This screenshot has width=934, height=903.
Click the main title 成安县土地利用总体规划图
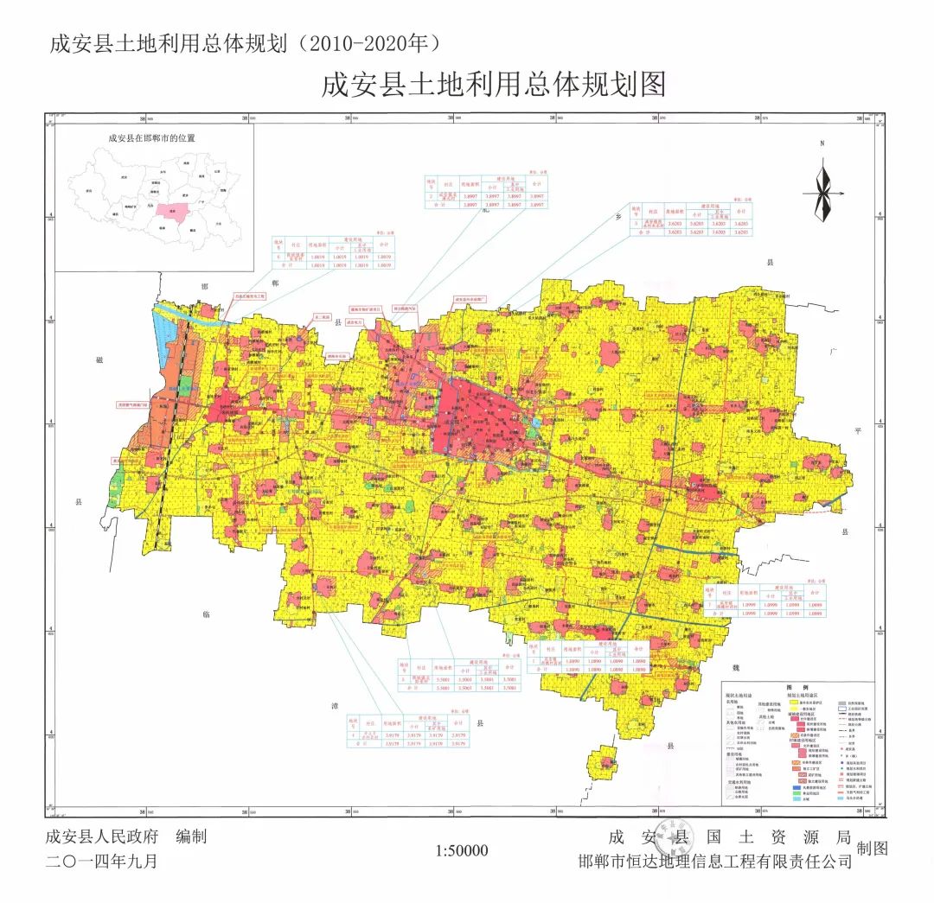click(493, 86)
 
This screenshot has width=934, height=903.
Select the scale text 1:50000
click(463, 851)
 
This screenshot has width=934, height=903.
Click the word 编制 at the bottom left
click(191, 836)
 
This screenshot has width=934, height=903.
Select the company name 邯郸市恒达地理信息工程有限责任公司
click(715, 862)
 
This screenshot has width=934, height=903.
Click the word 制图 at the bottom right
click(872, 849)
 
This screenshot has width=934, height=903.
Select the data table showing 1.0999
click(764, 601)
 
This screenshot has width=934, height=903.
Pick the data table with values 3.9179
click(406, 730)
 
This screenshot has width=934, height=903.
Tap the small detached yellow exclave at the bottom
click(603, 764)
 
